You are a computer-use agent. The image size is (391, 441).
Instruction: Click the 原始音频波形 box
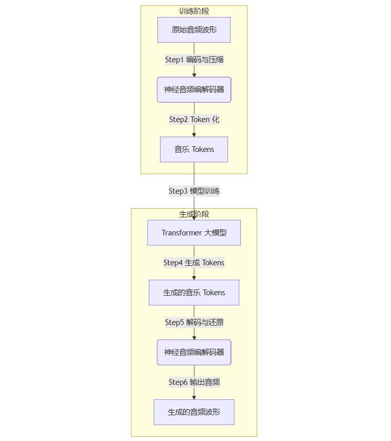click(x=194, y=30)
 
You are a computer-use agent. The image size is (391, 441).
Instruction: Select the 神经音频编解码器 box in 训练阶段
click(x=194, y=90)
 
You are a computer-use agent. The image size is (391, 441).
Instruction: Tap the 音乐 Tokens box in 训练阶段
click(x=194, y=149)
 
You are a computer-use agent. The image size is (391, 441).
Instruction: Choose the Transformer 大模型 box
click(x=194, y=233)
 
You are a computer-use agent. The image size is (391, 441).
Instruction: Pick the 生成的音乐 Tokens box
click(x=194, y=293)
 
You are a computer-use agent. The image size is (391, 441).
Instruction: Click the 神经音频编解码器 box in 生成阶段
click(x=194, y=352)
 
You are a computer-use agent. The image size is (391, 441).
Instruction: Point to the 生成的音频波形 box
click(x=194, y=412)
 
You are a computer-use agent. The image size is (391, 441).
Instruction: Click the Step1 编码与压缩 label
click(x=194, y=60)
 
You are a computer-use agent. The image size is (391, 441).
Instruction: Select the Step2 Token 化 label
click(x=194, y=120)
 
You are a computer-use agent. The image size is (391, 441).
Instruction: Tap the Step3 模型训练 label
click(x=194, y=191)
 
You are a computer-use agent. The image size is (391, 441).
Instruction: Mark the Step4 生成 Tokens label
click(x=194, y=263)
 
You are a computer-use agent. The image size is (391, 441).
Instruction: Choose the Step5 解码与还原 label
click(x=194, y=323)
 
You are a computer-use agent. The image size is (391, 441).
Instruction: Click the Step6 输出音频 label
click(x=194, y=382)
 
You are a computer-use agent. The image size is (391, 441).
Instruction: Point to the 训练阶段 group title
click(x=194, y=11)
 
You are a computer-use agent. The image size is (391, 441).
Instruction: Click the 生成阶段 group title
click(x=194, y=214)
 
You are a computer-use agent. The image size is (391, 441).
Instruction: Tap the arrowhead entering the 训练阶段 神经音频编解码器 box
click(x=194, y=75)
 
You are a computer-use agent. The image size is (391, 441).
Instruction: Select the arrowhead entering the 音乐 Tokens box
click(x=194, y=134)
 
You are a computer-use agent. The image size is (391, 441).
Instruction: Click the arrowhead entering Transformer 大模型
click(x=194, y=218)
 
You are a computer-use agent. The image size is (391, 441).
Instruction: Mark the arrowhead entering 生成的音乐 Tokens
click(x=194, y=278)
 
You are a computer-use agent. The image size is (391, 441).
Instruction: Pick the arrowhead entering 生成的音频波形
click(x=194, y=397)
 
